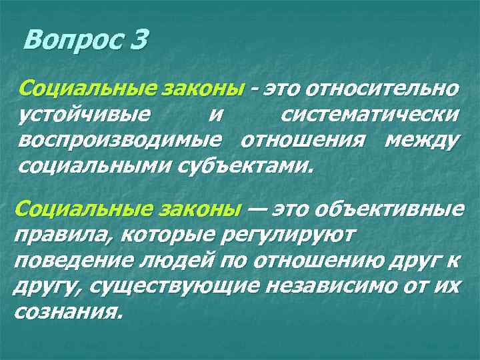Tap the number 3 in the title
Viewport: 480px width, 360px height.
point(138,42)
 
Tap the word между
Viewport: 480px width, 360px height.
point(420,141)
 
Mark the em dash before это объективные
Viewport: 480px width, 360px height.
point(257,209)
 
